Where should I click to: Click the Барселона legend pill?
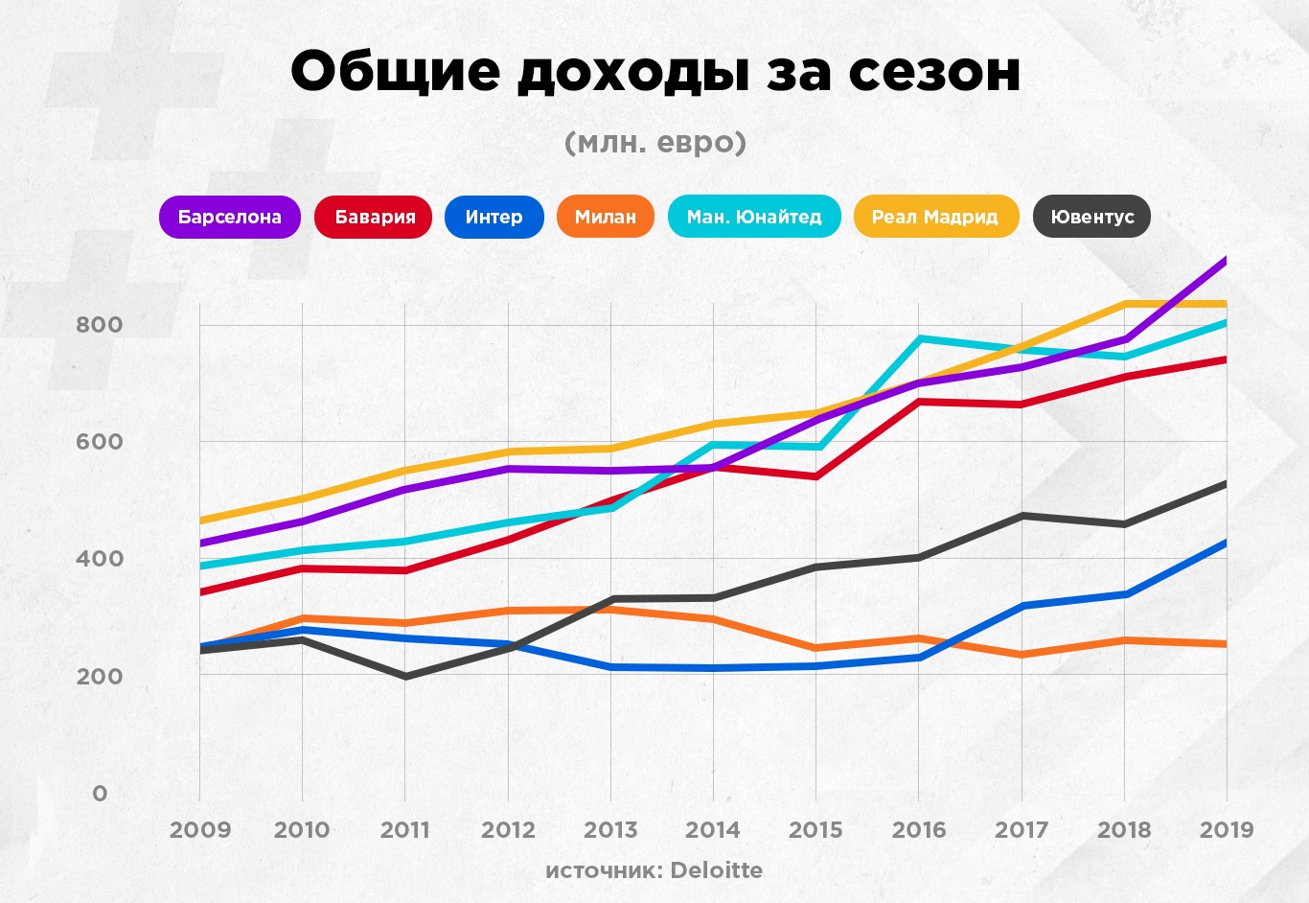(x=230, y=218)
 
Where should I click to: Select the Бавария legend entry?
(x=374, y=218)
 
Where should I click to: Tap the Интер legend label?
(x=494, y=218)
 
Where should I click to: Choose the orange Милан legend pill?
(x=605, y=218)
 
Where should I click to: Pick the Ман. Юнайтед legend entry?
(x=754, y=218)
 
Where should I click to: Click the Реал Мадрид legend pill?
(x=935, y=218)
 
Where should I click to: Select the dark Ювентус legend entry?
(x=1091, y=218)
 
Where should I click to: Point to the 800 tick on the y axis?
(x=100, y=325)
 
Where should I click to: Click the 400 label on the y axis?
(x=100, y=559)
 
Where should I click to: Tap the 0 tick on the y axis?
(x=100, y=794)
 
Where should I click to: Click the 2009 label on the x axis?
(x=200, y=830)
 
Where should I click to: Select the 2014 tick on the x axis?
(x=713, y=830)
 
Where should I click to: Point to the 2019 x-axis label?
(x=1226, y=830)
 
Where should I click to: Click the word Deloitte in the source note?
(x=716, y=870)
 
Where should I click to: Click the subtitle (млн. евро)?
(x=654, y=143)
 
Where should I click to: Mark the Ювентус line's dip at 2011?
(x=405, y=677)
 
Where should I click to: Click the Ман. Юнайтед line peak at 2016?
(x=919, y=338)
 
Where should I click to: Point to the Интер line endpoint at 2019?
(x=1225, y=544)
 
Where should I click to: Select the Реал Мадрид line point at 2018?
(x=1124, y=304)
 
